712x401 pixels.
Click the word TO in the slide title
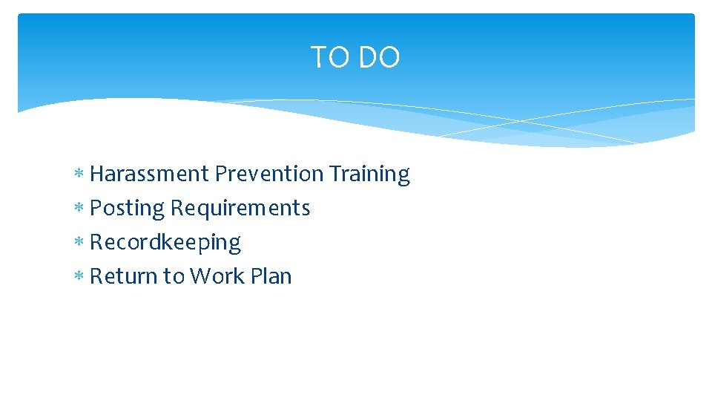(328, 58)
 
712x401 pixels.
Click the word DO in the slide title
(378, 58)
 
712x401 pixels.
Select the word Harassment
(149, 174)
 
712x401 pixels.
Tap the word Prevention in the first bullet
(269, 174)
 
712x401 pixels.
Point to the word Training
(369, 174)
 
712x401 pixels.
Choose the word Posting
(127, 209)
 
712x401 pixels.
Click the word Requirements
(240, 209)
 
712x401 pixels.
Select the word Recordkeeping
(165, 243)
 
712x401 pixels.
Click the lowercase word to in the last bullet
(174, 276)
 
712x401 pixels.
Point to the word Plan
(271, 276)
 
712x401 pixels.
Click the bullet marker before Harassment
(79, 175)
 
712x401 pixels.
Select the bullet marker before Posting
(79, 209)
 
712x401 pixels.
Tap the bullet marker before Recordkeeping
(79, 243)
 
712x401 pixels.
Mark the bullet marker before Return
(79, 277)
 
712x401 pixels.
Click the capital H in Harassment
(96, 174)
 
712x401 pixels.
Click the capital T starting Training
(334, 174)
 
